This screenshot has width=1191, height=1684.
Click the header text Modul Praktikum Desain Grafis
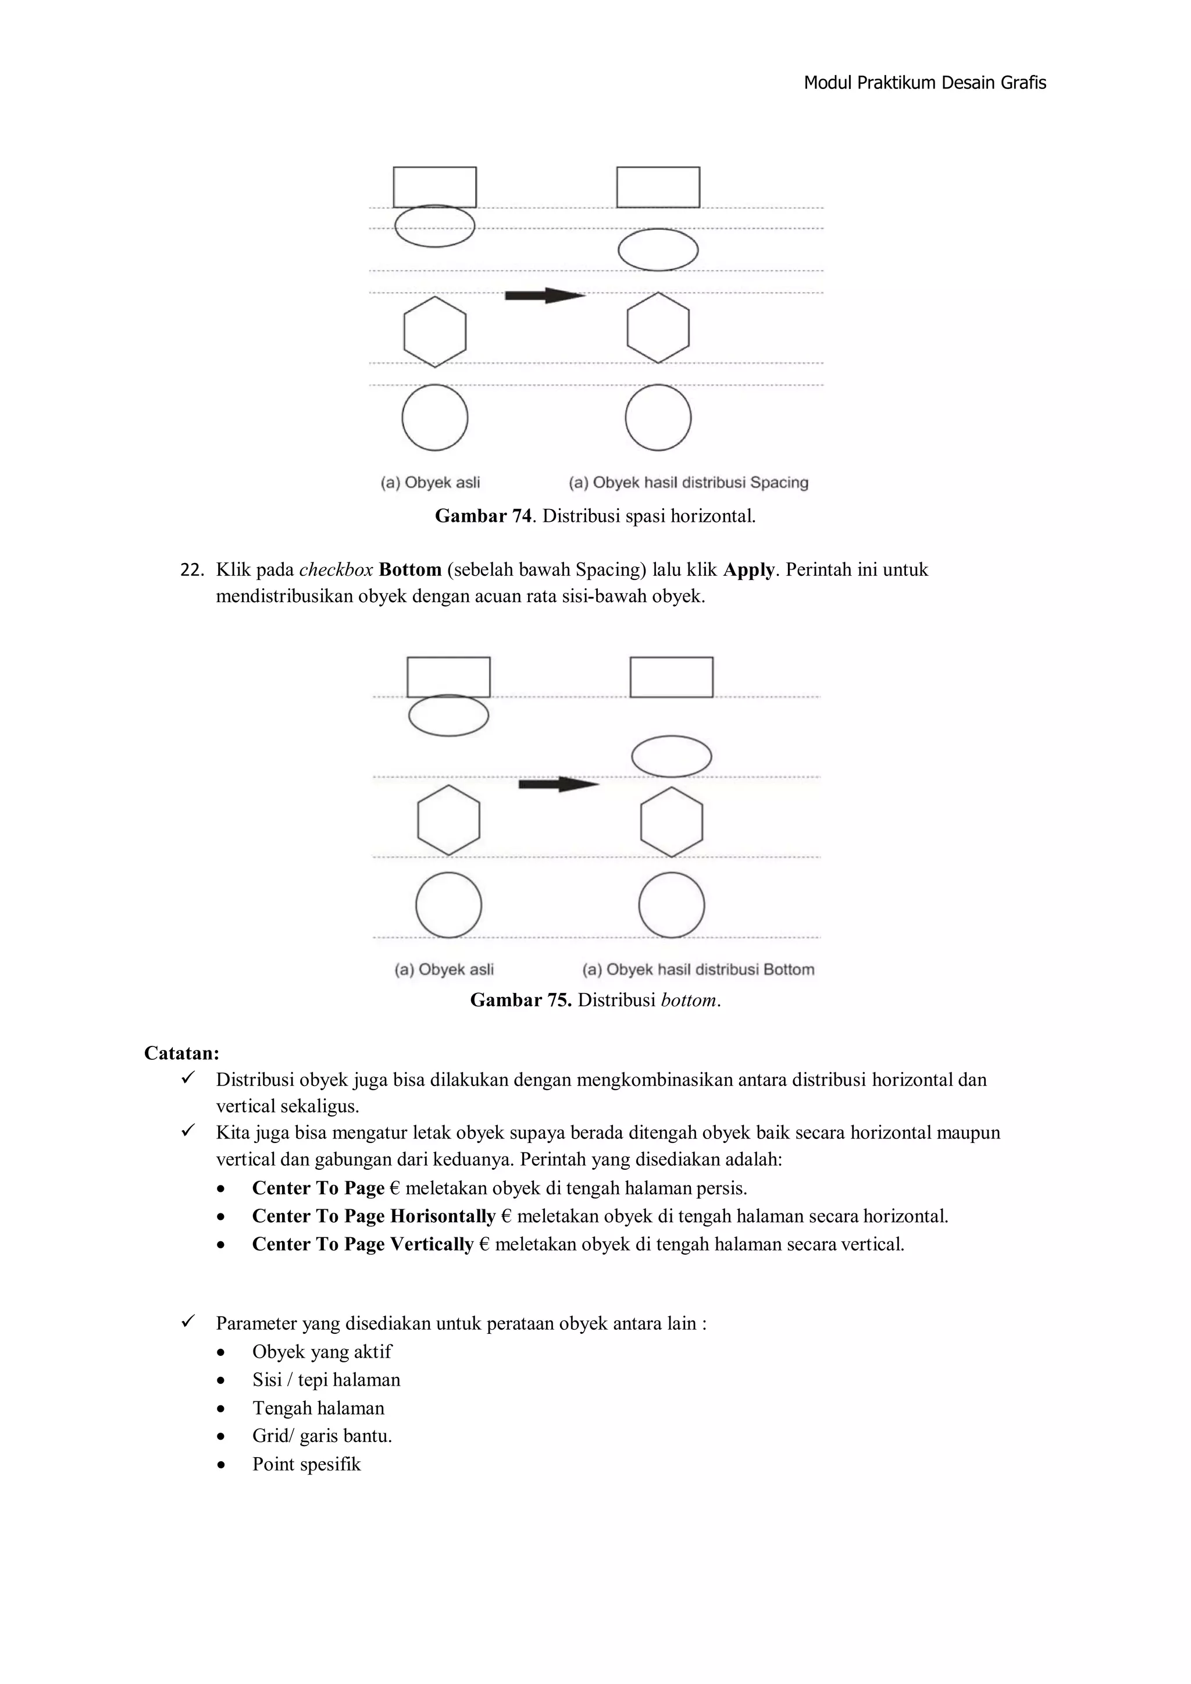pyautogui.click(x=924, y=83)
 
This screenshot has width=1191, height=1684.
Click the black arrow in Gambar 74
pyautogui.click(x=544, y=295)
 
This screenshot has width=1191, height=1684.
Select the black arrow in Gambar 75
pyautogui.click(x=558, y=784)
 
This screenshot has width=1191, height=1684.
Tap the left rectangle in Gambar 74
pyautogui.click(x=435, y=187)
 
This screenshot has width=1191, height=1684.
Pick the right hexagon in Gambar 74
pyautogui.click(x=658, y=328)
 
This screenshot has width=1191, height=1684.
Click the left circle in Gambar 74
pyautogui.click(x=435, y=417)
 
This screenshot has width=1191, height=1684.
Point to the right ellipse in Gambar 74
pyautogui.click(x=658, y=250)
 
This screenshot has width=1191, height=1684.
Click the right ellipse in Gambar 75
pyautogui.click(x=671, y=756)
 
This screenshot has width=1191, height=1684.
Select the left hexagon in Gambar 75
pyautogui.click(x=449, y=820)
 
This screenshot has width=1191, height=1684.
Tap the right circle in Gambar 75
pyautogui.click(x=671, y=905)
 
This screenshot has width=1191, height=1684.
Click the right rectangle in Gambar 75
pyautogui.click(x=671, y=677)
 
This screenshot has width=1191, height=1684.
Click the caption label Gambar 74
pyautogui.click(x=483, y=517)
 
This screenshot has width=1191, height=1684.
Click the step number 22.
pyautogui.click(x=191, y=570)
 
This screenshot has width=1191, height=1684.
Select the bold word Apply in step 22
pyautogui.click(x=749, y=570)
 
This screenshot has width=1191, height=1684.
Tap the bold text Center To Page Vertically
pyautogui.click(x=362, y=1245)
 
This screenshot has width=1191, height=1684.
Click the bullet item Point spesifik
pyautogui.click(x=306, y=1465)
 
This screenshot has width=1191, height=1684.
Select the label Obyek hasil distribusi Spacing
pyautogui.click(x=700, y=483)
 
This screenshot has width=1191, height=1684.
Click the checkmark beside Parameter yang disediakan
pyautogui.click(x=188, y=1322)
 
